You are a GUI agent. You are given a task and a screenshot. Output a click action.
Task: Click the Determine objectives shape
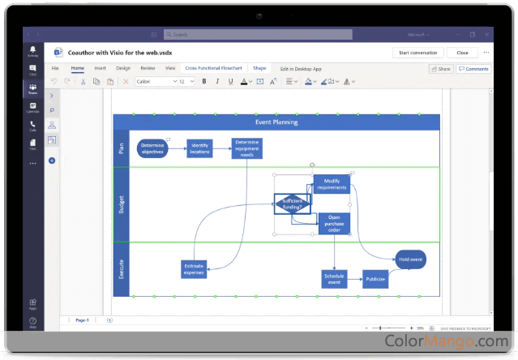(152, 148)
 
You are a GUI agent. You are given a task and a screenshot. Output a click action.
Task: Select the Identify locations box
(199, 148)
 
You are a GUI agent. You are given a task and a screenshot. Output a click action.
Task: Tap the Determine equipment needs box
(246, 148)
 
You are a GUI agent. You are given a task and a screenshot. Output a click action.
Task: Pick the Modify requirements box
(332, 184)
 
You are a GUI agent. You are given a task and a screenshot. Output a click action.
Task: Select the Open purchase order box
(334, 224)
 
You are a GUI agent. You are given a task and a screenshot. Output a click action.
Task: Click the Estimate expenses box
(194, 269)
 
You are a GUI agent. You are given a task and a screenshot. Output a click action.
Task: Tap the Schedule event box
(334, 279)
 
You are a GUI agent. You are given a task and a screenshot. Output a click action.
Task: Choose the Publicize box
(375, 279)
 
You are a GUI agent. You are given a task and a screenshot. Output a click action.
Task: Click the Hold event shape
(410, 259)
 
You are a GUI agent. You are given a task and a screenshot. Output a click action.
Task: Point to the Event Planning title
(276, 122)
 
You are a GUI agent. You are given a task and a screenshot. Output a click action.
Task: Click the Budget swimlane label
(122, 204)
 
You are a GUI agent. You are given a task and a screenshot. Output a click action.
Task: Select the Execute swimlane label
(122, 269)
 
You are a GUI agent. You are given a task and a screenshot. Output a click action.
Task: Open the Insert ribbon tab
(100, 69)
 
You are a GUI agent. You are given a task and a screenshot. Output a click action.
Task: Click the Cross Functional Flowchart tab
(214, 69)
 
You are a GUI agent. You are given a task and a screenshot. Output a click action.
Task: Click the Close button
(462, 53)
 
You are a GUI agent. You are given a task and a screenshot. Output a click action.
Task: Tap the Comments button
(473, 69)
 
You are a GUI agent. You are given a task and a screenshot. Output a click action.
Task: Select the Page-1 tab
(82, 320)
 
